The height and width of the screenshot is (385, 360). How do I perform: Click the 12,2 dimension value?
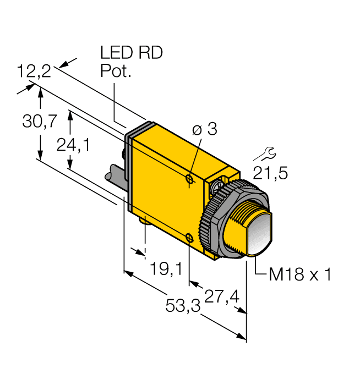(34, 71)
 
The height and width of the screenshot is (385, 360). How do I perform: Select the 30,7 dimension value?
(39, 122)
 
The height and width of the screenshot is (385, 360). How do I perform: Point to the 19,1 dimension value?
(166, 269)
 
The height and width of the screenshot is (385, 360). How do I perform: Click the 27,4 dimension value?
(221, 296)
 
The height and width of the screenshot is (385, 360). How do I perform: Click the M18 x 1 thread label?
(300, 274)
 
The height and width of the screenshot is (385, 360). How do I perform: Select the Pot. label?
(116, 71)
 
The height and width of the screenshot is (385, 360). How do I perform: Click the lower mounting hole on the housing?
(189, 237)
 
